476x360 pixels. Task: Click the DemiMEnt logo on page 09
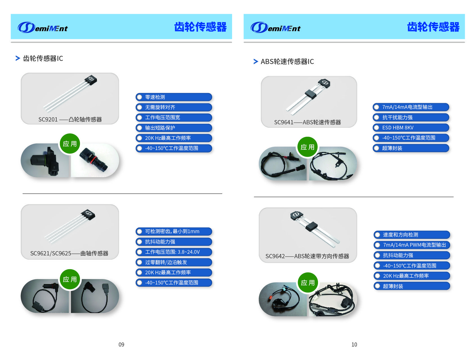[x=43, y=27]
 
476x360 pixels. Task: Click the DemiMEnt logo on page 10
[x=275, y=27]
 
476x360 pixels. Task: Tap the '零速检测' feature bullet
[x=174, y=97]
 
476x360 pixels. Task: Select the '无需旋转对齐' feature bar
[x=174, y=107]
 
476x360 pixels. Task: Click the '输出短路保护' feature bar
[x=174, y=128]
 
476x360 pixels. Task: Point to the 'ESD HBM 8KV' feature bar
[x=411, y=128]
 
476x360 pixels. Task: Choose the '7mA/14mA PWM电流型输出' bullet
[x=412, y=245]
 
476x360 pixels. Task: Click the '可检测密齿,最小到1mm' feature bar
[x=174, y=231]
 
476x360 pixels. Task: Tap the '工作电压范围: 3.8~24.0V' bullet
[x=174, y=252]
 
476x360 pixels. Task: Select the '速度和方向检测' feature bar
[x=412, y=235]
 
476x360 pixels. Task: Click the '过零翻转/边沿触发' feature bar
[x=174, y=262]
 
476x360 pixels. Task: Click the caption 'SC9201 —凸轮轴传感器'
[x=70, y=120]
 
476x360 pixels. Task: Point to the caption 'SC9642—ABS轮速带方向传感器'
[x=307, y=256]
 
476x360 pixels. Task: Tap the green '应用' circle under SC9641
[x=308, y=147]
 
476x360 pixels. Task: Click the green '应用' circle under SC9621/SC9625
[x=70, y=279]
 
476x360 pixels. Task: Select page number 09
[x=121, y=344]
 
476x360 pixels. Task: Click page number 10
[x=354, y=344]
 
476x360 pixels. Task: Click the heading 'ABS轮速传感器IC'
[x=287, y=61]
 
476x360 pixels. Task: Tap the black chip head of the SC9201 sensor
[x=91, y=79]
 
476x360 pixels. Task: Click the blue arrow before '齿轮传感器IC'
[x=18, y=58]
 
